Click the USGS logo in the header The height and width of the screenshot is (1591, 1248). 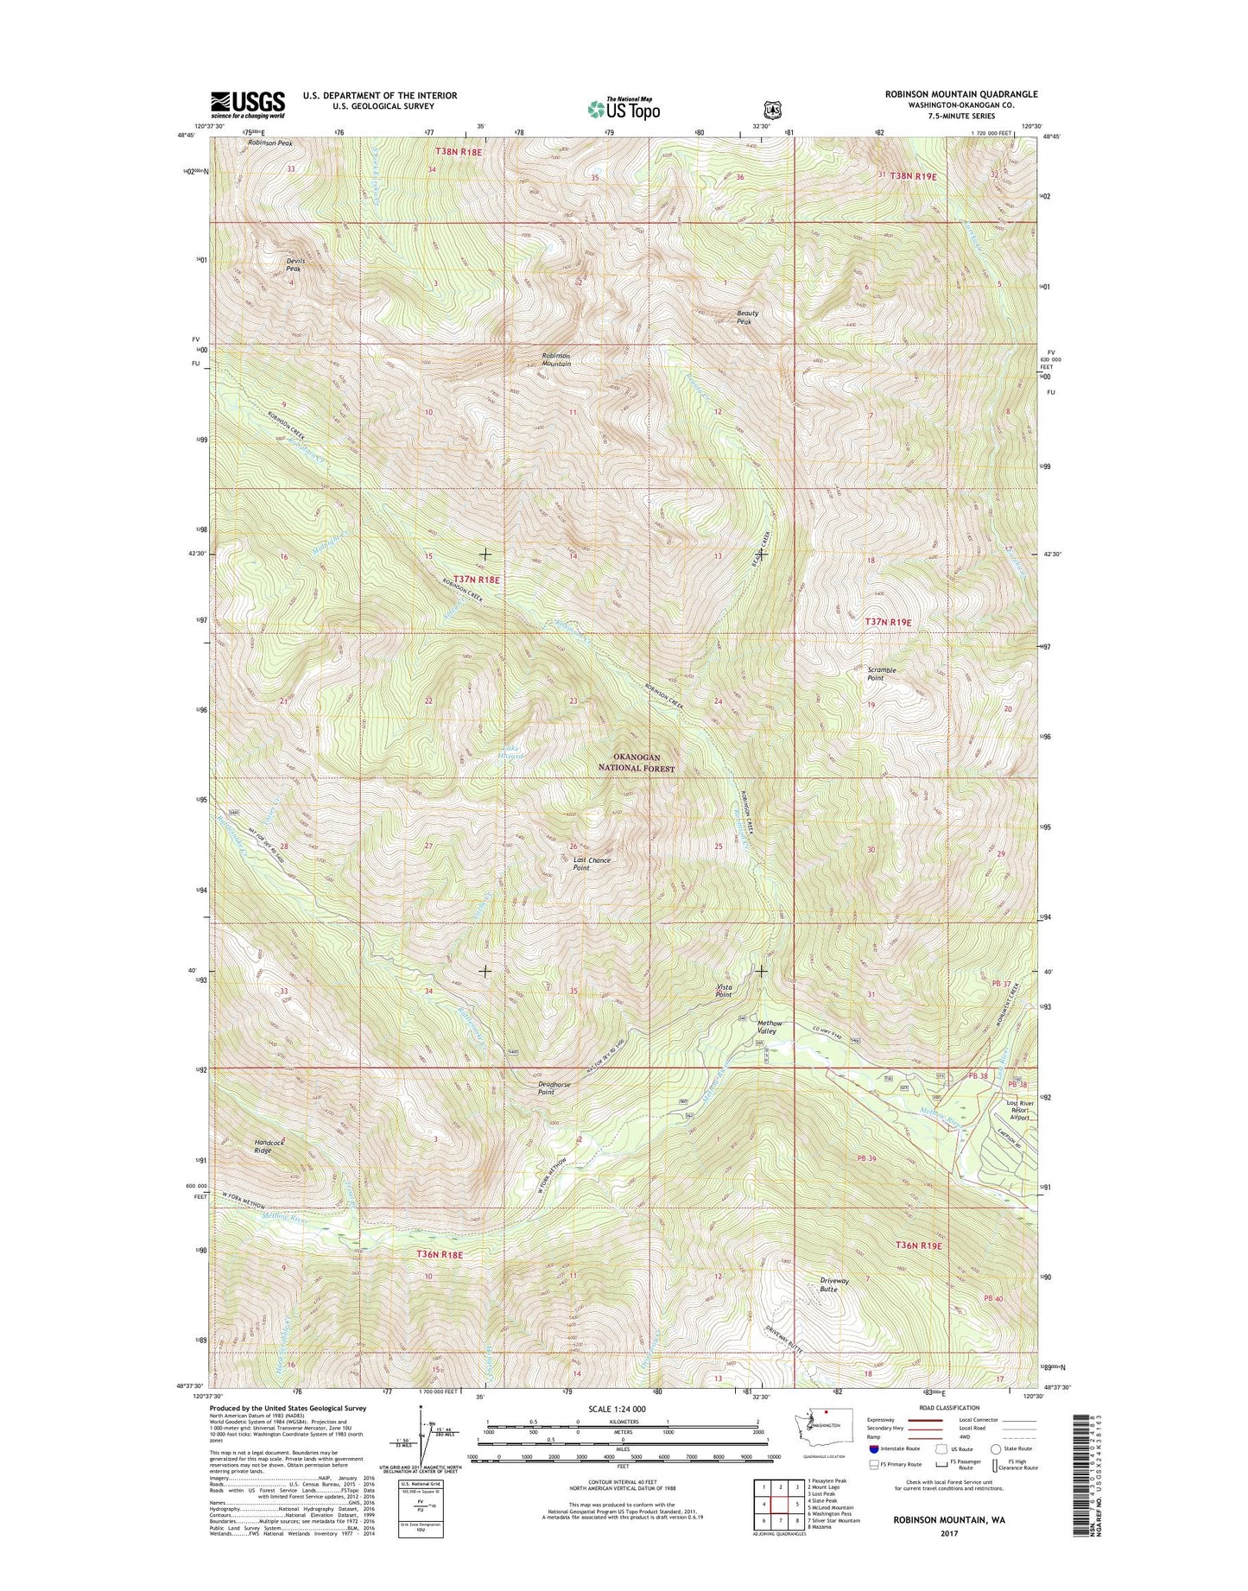click(x=248, y=105)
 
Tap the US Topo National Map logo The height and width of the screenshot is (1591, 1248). click(x=623, y=108)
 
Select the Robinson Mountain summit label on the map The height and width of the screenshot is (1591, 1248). click(x=555, y=359)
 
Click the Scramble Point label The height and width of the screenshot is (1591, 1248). click(x=881, y=674)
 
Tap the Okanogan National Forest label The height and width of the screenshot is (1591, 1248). click(x=638, y=763)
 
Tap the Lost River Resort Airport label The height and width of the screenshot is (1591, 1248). click(x=1020, y=1110)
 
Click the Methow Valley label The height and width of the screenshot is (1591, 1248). click(x=768, y=1026)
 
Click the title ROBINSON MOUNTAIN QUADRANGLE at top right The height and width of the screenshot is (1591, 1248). click(x=961, y=94)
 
